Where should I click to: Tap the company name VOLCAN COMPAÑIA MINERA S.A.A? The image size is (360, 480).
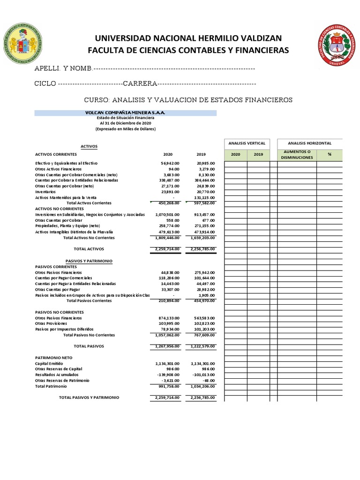point(125,113)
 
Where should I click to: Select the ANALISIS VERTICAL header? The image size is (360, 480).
point(247,143)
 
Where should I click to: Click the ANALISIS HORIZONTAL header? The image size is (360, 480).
point(309,143)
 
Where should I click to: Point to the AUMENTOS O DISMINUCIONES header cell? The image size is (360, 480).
point(296,155)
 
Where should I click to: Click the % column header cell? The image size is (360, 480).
point(329,155)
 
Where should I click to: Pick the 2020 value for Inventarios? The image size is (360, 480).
point(167,192)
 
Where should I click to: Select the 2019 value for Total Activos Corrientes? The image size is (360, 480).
point(202,203)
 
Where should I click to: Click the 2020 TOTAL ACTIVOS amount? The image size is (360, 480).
point(167,249)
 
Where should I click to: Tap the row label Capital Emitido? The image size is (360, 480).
point(48,363)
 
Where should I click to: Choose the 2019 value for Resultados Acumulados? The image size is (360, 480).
point(203,375)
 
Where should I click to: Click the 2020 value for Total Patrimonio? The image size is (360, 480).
point(167,386)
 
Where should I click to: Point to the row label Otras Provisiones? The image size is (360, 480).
point(51,323)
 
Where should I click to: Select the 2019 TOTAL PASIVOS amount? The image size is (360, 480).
point(202,346)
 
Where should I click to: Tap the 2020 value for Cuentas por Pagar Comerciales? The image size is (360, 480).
point(167,278)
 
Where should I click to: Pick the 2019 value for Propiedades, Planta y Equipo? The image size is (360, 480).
point(202,226)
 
